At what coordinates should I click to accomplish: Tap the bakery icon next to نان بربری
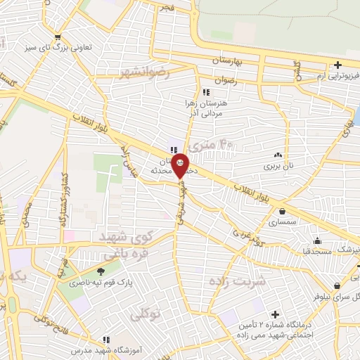[279, 155]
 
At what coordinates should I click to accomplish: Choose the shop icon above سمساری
[283, 210]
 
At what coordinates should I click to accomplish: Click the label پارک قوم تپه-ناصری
[89, 285]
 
